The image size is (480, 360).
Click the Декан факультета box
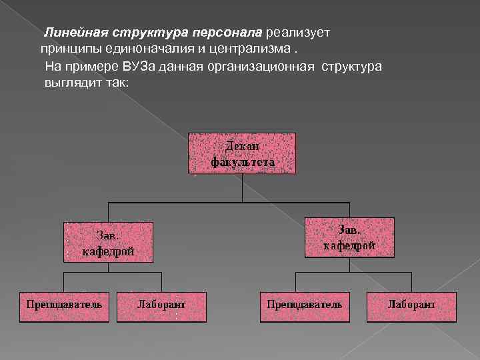click(242, 153)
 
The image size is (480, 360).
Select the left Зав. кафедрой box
click(108, 242)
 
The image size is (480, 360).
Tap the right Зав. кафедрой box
click(349, 237)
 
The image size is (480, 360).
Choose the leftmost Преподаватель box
click(64, 306)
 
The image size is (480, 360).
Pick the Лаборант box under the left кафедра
click(161, 306)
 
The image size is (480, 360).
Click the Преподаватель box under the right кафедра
click(304, 306)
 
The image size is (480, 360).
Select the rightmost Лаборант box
click(411, 306)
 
